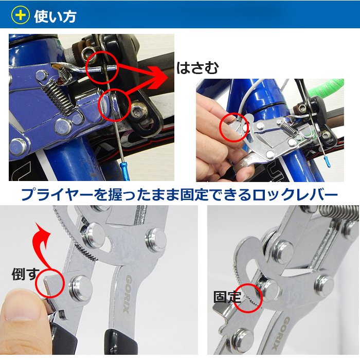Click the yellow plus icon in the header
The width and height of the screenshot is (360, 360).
(x=21, y=15)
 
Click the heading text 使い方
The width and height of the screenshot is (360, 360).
(x=55, y=16)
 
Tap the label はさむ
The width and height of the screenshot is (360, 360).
(x=197, y=68)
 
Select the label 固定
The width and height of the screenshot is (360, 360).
(x=227, y=297)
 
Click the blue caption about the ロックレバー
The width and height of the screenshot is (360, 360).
(x=180, y=195)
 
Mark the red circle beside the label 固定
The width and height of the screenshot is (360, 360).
(x=248, y=298)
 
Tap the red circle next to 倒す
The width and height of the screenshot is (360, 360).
(x=50, y=283)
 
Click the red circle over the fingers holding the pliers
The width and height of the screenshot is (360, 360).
(x=234, y=127)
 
